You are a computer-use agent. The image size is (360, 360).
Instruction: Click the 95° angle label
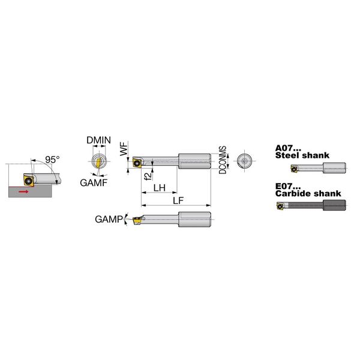tap(52, 160)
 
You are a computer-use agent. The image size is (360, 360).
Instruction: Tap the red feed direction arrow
tap(24, 191)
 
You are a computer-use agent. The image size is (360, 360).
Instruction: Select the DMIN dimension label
tap(98, 140)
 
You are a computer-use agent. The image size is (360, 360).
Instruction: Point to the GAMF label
tap(94, 183)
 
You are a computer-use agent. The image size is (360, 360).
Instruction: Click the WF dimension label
tap(124, 149)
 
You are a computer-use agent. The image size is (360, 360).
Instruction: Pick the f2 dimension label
tap(148, 176)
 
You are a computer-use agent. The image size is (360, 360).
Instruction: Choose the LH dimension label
tap(160, 188)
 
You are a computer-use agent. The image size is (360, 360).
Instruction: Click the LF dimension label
tap(178, 200)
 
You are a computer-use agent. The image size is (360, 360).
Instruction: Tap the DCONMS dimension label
tap(223, 160)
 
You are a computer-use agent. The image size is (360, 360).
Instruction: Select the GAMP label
tap(109, 219)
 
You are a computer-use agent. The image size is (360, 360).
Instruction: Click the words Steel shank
tap(302, 155)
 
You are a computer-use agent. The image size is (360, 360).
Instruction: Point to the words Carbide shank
tap(308, 194)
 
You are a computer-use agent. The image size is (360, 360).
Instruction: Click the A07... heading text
tap(288, 148)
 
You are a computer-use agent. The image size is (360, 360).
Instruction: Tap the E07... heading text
tap(288, 186)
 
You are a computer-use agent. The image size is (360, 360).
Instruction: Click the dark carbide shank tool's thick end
tap(334, 205)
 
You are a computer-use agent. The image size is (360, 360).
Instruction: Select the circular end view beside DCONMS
tap(244, 161)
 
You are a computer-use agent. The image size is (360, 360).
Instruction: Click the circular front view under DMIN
tap(99, 161)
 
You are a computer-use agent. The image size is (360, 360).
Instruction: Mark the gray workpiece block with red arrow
tap(30, 192)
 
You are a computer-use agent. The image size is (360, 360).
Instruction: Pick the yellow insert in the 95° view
tap(29, 181)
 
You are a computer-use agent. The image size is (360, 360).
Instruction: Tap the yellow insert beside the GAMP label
tap(137, 220)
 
